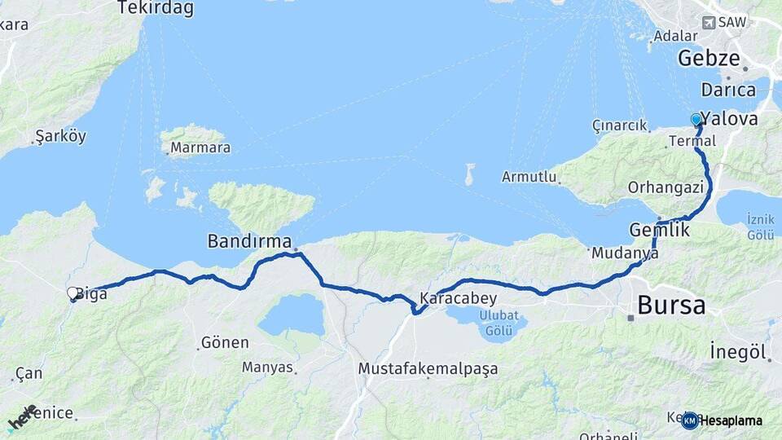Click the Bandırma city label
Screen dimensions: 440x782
point(249,241)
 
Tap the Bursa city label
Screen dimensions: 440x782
point(671,306)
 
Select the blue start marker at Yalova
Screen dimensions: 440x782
point(696,120)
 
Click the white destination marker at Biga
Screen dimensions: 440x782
point(72,293)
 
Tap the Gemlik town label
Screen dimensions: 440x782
point(660,230)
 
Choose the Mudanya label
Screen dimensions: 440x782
point(625,253)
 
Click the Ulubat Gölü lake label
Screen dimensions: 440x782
point(498,323)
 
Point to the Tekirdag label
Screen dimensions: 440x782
point(156,8)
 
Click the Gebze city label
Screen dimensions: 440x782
point(709,59)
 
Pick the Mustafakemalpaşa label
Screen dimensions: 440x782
point(428,369)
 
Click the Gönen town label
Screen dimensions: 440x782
point(224,343)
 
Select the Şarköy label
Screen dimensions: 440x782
point(60,136)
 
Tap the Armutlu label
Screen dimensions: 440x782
point(529,177)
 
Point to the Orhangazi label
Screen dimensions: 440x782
point(666,187)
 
